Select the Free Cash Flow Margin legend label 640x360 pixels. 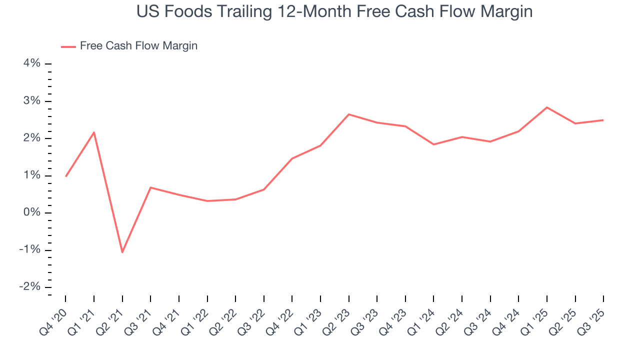pos(138,46)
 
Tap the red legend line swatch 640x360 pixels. pos(68,46)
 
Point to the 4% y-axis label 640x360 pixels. pos(31,63)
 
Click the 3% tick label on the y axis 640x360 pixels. pos(31,101)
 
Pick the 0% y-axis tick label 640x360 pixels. pos(31,213)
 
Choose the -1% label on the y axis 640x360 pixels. pos(29,250)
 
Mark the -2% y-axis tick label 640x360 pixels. pos(29,287)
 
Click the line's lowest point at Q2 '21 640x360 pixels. pos(122,252)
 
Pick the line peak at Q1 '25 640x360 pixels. pos(547,107)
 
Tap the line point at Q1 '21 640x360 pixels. pos(94,132)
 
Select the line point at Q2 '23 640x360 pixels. pos(348,114)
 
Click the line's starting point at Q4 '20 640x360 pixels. pos(65,176)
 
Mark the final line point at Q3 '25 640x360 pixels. pos(603,120)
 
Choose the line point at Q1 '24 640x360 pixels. pos(433,144)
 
